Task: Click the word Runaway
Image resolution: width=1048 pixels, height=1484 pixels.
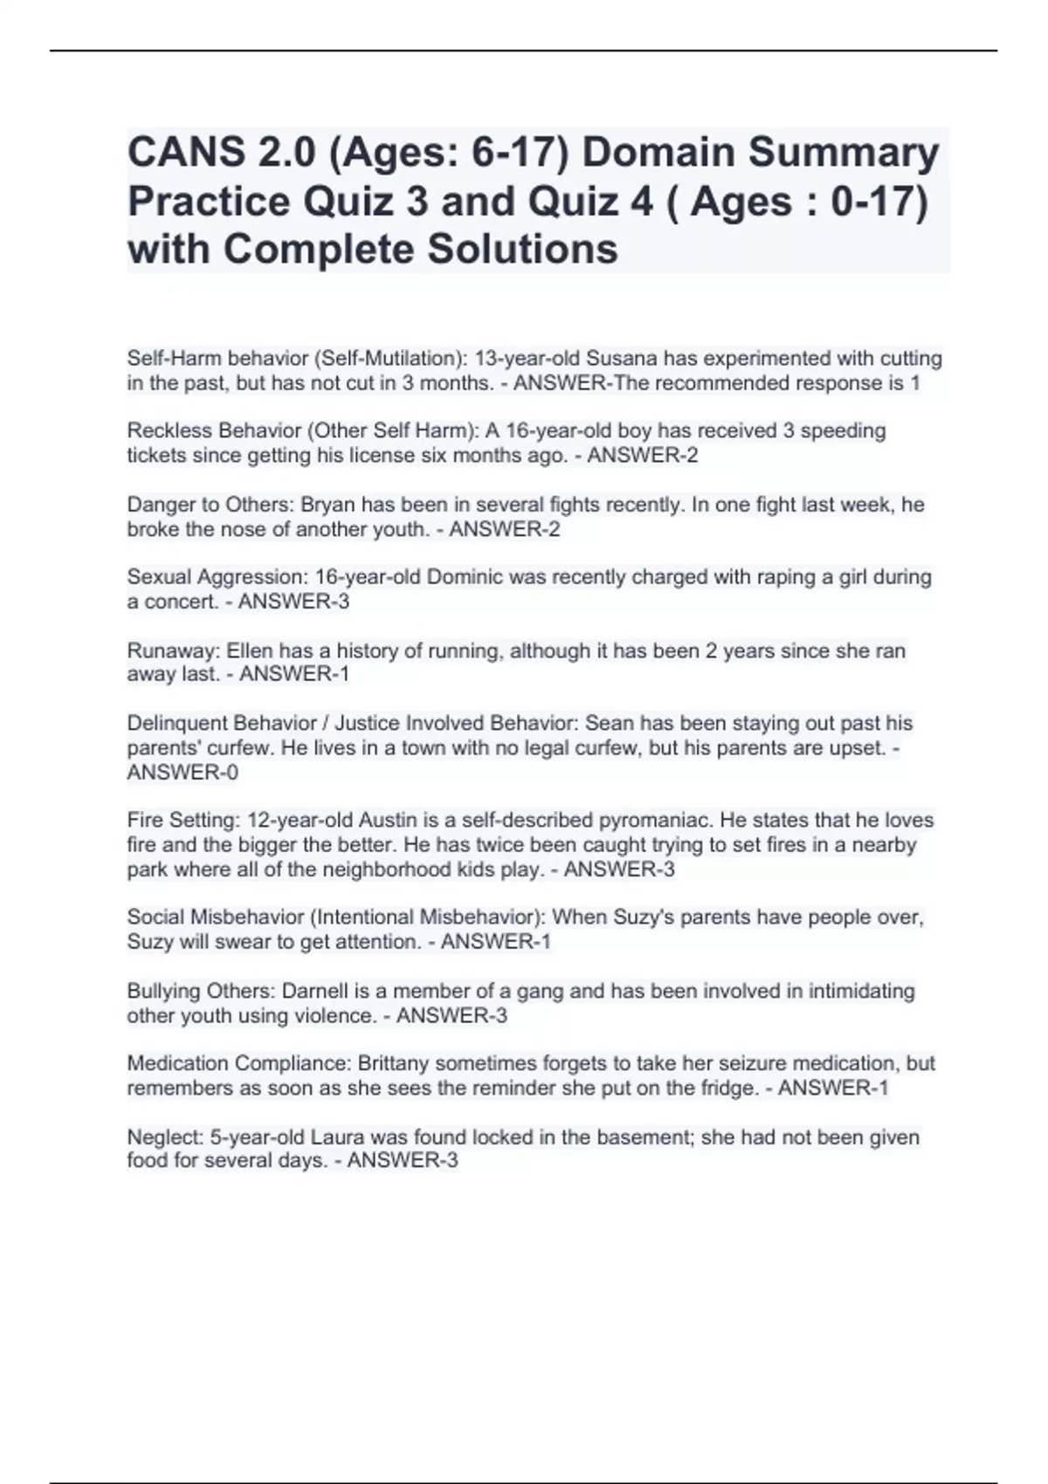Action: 172,650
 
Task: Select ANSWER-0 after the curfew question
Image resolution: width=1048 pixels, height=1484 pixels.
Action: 183,773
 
